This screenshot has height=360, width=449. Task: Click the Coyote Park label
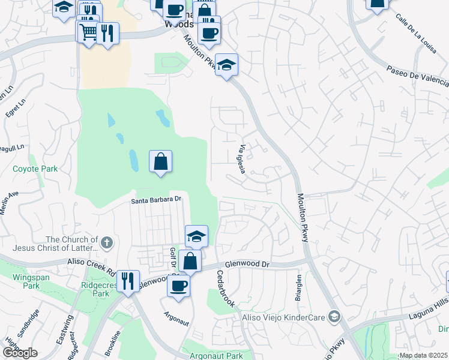point(35,169)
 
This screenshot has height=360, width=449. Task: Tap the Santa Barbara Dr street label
point(157,200)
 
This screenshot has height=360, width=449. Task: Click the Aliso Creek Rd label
point(92,267)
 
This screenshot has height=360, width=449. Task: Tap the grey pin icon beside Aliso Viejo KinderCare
point(334,316)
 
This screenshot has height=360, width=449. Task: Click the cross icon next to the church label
point(107,243)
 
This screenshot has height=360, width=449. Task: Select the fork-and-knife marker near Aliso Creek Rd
point(127,280)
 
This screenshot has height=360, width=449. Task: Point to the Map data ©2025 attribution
point(424,355)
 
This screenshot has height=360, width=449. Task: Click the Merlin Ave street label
point(11,199)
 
